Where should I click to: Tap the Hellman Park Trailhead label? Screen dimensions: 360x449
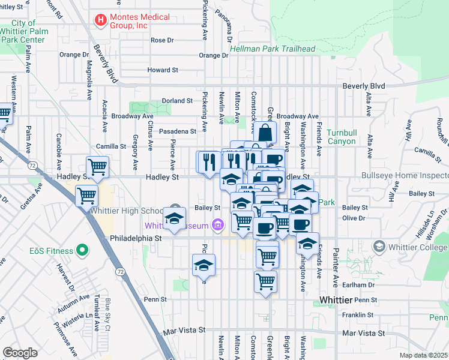tap(264, 49)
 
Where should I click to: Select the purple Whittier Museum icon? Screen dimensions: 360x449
tap(218, 226)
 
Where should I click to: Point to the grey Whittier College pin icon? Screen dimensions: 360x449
tap(379, 247)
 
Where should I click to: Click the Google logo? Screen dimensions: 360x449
tap(20, 352)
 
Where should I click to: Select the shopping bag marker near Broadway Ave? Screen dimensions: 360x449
tap(264, 133)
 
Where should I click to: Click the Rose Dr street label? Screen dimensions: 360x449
tap(162, 40)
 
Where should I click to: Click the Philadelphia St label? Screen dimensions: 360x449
tap(136, 238)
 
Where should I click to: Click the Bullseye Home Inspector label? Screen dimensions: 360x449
tap(405, 176)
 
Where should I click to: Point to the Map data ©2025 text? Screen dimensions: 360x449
tap(423, 355)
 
